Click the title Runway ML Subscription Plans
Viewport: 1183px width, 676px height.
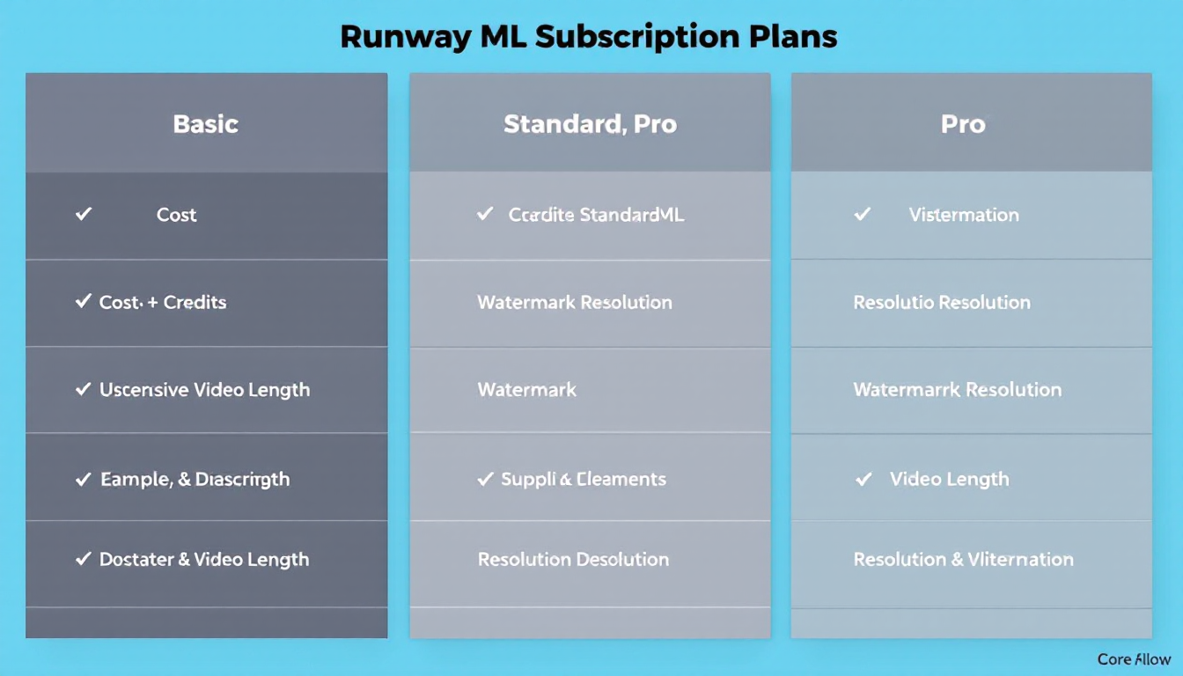click(x=588, y=37)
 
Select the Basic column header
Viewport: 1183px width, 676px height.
click(x=206, y=124)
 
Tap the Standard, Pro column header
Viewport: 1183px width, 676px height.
click(x=590, y=124)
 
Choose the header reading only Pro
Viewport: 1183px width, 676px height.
click(x=963, y=124)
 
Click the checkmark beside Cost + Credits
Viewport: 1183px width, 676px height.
click(x=84, y=302)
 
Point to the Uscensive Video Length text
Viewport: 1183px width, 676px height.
click(x=204, y=389)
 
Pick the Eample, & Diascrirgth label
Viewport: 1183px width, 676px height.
click(x=195, y=480)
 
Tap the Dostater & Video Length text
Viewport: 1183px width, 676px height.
click(x=203, y=559)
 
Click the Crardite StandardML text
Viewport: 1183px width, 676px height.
click(x=596, y=215)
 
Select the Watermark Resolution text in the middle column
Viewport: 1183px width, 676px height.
click(x=574, y=302)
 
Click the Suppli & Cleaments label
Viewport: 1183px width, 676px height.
click(x=584, y=480)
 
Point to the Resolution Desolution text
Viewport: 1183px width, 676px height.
click(x=573, y=559)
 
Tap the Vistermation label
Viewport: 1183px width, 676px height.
click(x=964, y=215)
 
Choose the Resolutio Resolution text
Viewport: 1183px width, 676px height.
click(x=942, y=302)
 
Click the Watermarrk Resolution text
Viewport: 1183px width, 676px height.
click(x=958, y=389)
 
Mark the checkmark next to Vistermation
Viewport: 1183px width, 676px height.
click(x=863, y=214)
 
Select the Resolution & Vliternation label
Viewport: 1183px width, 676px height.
click(x=963, y=559)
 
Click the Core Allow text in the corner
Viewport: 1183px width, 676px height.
click(x=1134, y=658)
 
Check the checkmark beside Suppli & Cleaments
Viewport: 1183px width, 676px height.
click(x=485, y=479)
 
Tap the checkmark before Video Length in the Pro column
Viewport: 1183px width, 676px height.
click(x=864, y=479)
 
